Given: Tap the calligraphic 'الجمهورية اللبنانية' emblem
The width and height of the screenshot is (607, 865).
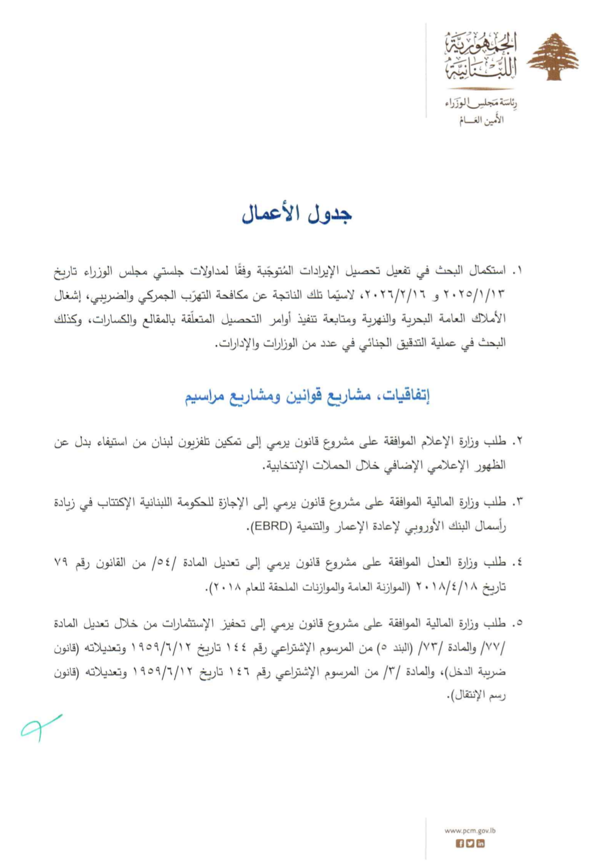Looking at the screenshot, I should [481, 57].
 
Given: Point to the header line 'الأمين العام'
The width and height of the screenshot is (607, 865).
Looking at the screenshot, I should [481, 120].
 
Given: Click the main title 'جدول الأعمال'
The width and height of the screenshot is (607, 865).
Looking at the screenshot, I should [297, 214].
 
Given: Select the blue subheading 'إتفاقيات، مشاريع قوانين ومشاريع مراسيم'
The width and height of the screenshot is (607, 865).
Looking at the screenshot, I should [307, 396].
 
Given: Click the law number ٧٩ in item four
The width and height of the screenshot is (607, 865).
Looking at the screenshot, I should [62, 563].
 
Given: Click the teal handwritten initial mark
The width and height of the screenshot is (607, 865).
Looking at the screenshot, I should [40, 726].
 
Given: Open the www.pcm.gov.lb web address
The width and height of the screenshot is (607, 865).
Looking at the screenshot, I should [470, 831].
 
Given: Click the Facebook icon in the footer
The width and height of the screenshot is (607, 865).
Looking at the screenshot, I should [460, 843].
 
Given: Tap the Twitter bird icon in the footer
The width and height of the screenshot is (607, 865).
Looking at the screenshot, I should [470, 843].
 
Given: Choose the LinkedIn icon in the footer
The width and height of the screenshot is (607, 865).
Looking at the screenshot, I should [480, 843].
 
